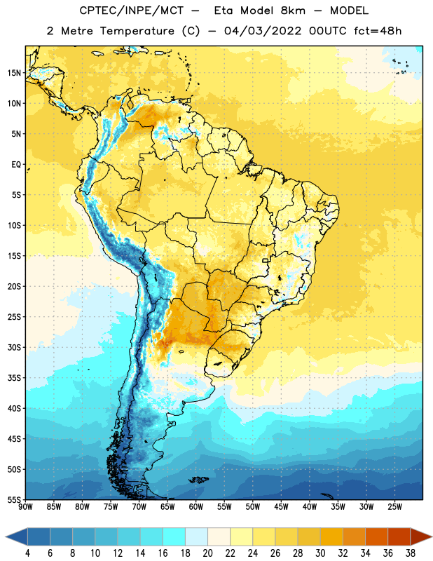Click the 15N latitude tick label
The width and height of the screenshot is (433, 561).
coord(14,73)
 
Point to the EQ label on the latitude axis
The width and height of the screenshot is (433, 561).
coord(16,165)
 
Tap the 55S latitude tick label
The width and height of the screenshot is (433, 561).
coord(14,499)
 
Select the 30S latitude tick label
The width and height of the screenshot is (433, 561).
coord(14,347)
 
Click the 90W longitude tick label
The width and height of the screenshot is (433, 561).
coord(25,507)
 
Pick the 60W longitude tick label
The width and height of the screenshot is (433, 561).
coord(196,507)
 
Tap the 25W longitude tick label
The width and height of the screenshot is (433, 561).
coord(394,507)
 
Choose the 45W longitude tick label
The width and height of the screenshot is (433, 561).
coord(281,507)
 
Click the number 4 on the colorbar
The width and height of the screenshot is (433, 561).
coord(27,553)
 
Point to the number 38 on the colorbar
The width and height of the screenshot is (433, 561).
coord(411,553)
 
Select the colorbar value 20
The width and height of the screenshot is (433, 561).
coord(207,553)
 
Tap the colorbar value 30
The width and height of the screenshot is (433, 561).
coord(320,553)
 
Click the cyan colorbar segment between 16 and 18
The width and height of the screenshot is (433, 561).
coord(174,536)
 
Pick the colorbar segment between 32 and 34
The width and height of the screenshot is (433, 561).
coord(354,536)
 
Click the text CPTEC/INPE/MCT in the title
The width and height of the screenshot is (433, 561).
coord(132,11)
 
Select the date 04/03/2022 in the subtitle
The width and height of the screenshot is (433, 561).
coord(263,31)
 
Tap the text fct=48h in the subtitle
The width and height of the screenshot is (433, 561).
coord(378,31)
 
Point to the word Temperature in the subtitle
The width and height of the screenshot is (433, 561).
coord(137,31)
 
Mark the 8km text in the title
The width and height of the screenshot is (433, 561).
coord(292,11)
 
